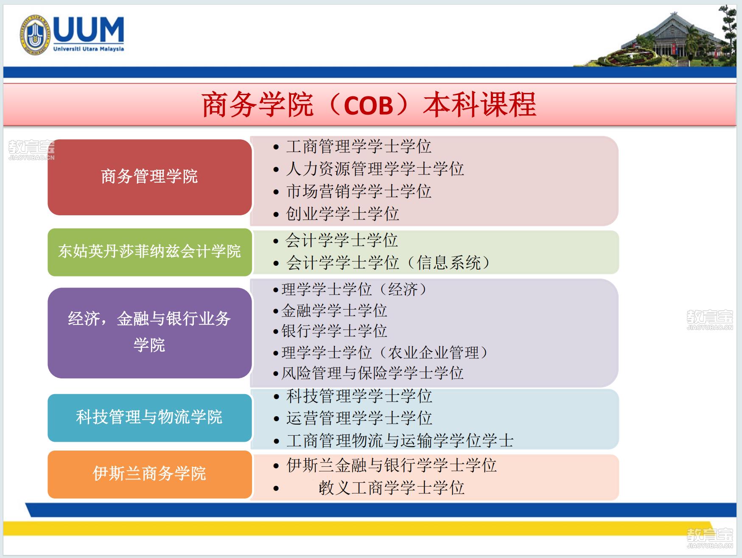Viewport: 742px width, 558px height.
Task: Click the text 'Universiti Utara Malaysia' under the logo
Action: click(x=89, y=49)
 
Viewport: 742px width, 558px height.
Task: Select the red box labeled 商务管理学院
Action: click(x=150, y=177)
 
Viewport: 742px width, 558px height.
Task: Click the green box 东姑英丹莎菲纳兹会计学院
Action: click(x=150, y=252)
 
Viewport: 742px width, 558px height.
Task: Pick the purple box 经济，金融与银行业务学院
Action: click(x=150, y=333)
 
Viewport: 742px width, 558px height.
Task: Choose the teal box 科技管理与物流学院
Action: click(x=150, y=417)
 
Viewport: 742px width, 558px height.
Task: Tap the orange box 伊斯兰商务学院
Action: click(x=150, y=474)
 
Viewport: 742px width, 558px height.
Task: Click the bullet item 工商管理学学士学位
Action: click(x=358, y=147)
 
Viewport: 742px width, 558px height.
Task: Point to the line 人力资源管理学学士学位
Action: click(x=375, y=169)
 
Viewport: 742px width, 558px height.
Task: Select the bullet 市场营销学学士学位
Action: click(x=358, y=192)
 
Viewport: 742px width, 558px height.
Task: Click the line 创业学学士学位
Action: click(x=342, y=214)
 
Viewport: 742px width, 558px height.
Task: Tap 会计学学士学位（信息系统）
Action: click(x=389, y=263)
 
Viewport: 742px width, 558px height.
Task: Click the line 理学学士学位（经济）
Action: click(x=355, y=290)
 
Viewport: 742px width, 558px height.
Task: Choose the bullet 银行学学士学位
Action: click(x=334, y=331)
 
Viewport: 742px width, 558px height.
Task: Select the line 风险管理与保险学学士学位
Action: click(x=372, y=373)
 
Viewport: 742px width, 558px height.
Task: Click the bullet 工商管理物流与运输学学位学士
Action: click(x=400, y=441)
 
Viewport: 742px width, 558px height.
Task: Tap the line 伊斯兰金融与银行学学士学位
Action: click(x=391, y=465)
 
